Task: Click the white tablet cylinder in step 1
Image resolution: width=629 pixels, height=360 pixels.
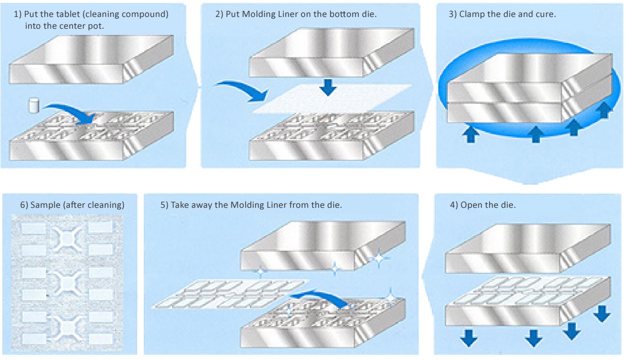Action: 33,105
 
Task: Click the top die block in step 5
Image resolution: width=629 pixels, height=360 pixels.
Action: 321,247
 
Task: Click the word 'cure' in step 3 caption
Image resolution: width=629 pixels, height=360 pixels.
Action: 547,15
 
